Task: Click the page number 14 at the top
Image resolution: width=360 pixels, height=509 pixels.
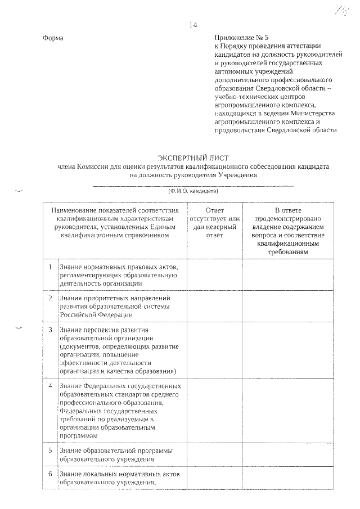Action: (x=193, y=25)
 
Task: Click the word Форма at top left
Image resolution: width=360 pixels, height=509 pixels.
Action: (x=53, y=38)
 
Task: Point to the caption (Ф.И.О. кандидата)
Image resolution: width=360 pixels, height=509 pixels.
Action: (x=193, y=191)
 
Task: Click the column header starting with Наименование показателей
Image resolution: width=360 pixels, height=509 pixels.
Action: (x=116, y=223)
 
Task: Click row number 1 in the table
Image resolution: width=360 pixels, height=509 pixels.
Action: (x=51, y=266)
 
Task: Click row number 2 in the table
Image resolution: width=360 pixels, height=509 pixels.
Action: (x=51, y=298)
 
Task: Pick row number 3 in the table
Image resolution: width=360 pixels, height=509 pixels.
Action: (x=51, y=329)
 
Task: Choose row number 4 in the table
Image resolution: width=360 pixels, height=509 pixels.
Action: (x=51, y=386)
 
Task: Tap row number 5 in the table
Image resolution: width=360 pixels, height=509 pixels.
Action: (x=51, y=451)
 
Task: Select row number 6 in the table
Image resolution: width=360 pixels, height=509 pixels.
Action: (x=51, y=474)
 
